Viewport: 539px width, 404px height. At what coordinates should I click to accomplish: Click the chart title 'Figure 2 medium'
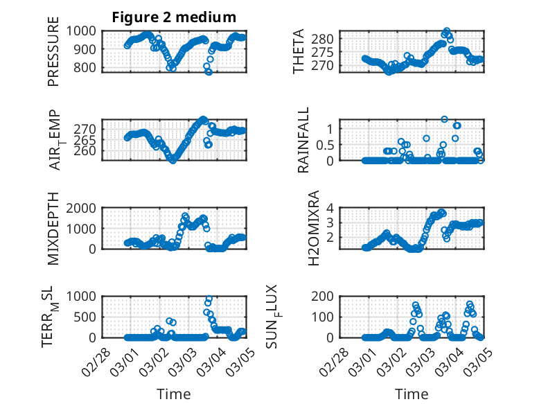174,17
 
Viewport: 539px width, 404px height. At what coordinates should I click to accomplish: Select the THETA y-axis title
299,51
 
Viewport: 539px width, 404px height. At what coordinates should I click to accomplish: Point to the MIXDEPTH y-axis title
53,229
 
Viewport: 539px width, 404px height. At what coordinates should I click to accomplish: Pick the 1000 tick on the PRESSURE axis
88,31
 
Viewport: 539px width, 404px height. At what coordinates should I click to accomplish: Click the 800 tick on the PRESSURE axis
91,67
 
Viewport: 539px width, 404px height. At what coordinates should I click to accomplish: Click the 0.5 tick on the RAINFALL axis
327,145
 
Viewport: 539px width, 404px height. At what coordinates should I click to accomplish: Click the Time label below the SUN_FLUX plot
412,394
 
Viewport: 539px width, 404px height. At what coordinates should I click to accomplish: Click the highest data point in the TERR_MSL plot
209,299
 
